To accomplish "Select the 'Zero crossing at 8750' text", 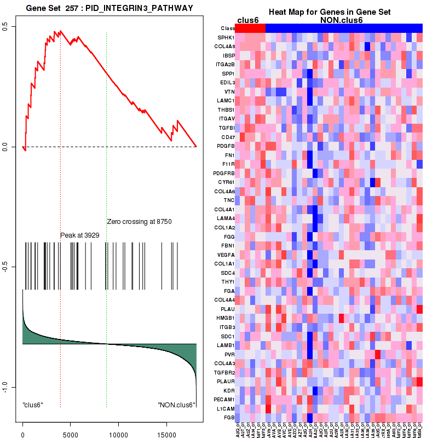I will pos(139,222).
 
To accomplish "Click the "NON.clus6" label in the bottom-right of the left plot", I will pos(176,405).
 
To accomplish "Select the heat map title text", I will pos(328,12).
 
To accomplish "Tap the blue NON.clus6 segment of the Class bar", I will pos(344,28).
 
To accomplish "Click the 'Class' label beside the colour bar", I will pos(227,28).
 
